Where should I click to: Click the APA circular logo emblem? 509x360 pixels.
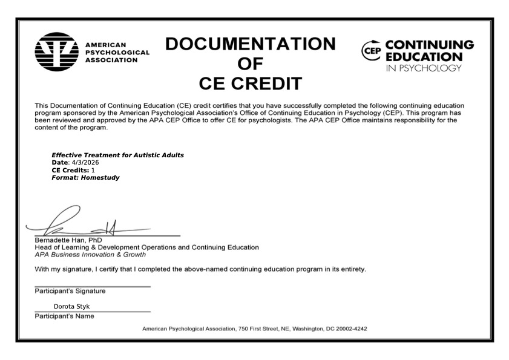[56, 53]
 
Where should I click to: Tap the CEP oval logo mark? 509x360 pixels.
[372, 50]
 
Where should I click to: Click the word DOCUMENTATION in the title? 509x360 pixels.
[250, 44]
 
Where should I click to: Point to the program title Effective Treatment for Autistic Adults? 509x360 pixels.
[117, 155]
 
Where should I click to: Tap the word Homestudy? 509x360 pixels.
[100, 177]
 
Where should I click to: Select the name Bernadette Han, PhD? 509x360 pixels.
[68, 240]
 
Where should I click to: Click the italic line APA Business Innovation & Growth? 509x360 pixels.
[90, 254]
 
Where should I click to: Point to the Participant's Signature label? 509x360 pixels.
[70, 291]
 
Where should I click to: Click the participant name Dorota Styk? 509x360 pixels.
[71, 306]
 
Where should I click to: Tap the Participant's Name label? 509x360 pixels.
[64, 316]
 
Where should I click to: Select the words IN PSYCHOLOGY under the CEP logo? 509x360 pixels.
[423, 68]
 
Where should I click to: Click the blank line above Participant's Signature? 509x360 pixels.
[92, 286]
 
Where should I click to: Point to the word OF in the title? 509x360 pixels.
[250, 64]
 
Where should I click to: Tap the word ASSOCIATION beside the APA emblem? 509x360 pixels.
[111, 61]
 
